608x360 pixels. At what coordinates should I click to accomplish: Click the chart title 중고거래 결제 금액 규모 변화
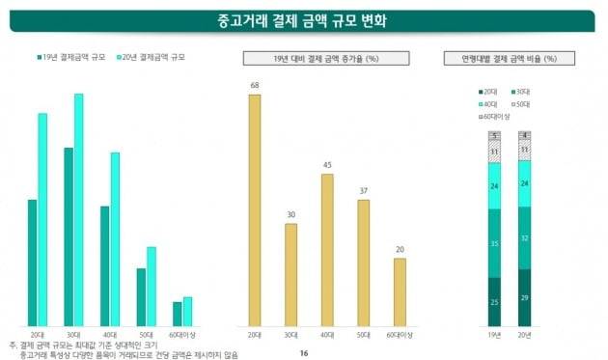click(x=304, y=21)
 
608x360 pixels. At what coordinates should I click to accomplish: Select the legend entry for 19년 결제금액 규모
click(x=72, y=58)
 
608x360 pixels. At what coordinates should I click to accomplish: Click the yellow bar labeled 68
click(x=254, y=209)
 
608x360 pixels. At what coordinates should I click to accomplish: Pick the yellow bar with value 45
click(x=327, y=249)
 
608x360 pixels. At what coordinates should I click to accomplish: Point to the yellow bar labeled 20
click(x=400, y=291)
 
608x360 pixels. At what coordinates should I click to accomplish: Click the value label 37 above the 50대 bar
click(x=363, y=191)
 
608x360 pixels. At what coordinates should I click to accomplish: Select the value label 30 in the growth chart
click(x=290, y=214)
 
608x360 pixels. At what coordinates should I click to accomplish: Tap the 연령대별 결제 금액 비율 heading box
click(x=509, y=58)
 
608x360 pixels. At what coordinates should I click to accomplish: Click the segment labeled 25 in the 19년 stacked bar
click(x=494, y=302)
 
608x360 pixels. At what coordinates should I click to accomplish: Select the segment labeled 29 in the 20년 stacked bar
click(x=524, y=297)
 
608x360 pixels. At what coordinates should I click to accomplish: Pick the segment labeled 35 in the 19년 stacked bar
click(x=494, y=244)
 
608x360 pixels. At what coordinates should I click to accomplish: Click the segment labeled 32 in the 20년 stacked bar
click(x=524, y=237)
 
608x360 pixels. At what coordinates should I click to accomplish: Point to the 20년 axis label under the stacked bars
click(x=524, y=335)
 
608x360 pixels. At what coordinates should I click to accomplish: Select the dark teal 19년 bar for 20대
click(x=32, y=263)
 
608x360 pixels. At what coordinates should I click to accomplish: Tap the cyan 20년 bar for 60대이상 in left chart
click(x=188, y=311)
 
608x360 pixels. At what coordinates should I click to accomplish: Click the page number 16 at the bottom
click(x=303, y=353)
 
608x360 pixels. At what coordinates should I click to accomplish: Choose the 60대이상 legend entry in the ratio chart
click(x=498, y=115)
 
